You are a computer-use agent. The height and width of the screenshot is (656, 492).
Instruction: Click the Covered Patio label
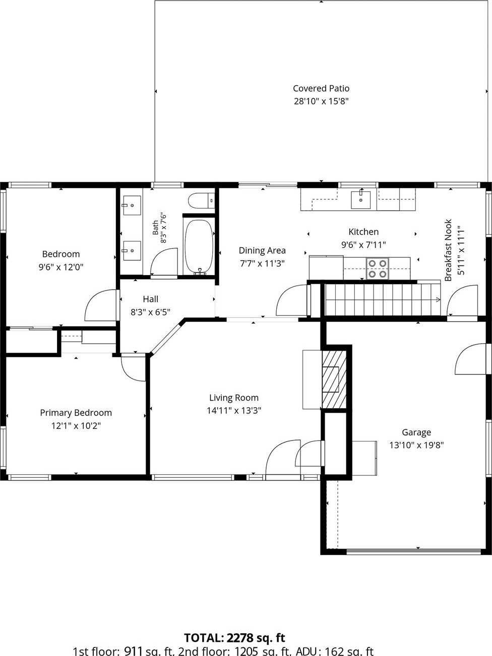point(321,88)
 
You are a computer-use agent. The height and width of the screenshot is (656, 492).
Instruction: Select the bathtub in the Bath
point(199,246)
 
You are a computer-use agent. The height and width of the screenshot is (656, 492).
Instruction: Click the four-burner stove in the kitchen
point(378,268)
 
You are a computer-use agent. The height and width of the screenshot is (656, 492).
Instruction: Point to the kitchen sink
point(360,200)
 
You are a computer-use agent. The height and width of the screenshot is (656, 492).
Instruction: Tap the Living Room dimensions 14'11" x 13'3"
point(234,411)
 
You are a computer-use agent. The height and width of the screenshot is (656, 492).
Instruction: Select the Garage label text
point(416,432)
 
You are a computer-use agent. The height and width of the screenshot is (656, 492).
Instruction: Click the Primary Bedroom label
point(76,413)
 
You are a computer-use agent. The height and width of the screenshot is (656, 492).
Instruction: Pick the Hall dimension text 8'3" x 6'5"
point(150,312)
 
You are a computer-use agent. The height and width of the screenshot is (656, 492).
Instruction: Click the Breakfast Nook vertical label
point(448,250)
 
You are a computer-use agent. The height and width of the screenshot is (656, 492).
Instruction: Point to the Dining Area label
point(262,250)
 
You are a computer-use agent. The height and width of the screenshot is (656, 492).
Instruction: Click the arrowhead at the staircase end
point(438,300)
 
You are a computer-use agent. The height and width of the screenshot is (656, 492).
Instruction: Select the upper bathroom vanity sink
point(132,205)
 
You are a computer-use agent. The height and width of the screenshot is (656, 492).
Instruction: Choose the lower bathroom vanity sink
point(132,251)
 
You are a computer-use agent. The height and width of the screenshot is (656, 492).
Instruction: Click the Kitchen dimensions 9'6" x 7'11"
point(363,245)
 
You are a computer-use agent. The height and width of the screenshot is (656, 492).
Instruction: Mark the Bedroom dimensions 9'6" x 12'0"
point(61,267)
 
